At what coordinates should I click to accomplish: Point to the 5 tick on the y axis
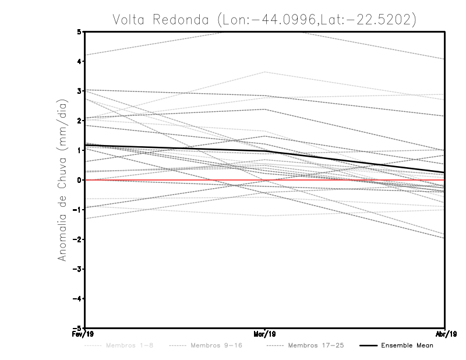[x=79, y=31]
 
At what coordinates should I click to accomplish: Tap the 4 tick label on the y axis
[x=79, y=61]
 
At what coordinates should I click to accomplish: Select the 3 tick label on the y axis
[x=79, y=91]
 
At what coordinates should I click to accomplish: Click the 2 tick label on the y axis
[x=79, y=121]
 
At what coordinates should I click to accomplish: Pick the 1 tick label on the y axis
[x=79, y=150]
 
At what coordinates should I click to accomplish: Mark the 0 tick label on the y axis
[x=79, y=180]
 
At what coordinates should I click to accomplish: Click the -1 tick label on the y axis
[x=77, y=210]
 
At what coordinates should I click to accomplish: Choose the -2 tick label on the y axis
[x=77, y=239]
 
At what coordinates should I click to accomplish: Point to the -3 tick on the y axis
[x=77, y=269]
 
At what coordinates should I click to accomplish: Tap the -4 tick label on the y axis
[x=77, y=299]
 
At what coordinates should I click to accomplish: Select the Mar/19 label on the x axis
[x=265, y=334]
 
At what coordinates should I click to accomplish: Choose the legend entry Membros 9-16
[x=216, y=345]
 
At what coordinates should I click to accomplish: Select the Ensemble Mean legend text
[x=407, y=345]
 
